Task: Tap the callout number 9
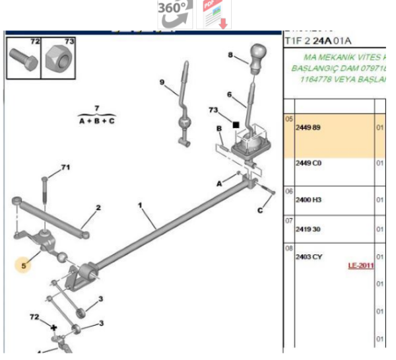click(x=161, y=82)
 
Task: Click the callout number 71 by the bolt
click(x=65, y=167)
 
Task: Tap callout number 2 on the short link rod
click(x=98, y=208)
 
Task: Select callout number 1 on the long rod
click(x=140, y=205)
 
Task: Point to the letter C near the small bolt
click(x=259, y=210)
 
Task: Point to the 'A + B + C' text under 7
click(x=96, y=122)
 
